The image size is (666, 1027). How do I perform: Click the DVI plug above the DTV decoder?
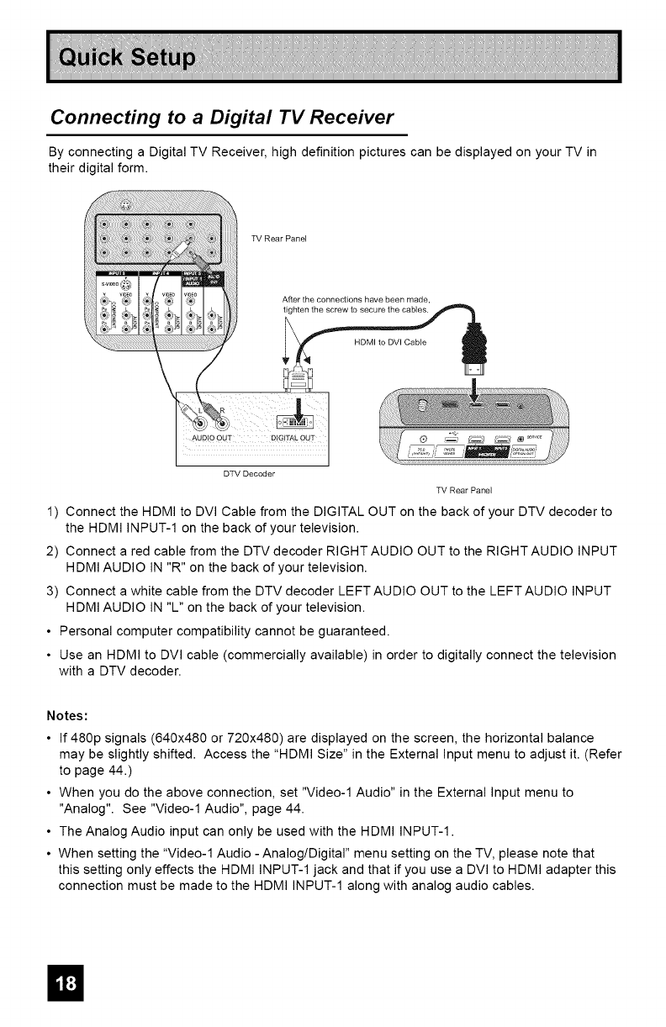click(x=298, y=367)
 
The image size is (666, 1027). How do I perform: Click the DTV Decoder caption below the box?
click(x=251, y=472)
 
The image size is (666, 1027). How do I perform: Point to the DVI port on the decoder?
click(x=293, y=422)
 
